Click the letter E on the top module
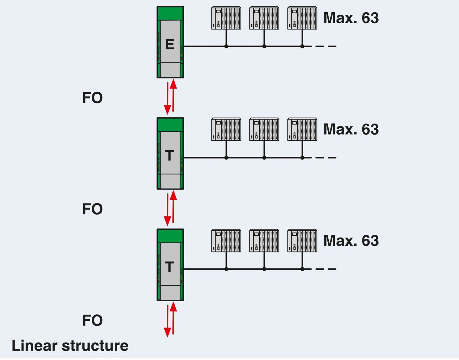click(x=170, y=45)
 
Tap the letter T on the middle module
click(x=170, y=156)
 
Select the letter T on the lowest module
click(x=170, y=267)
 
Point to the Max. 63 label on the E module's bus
click(x=351, y=18)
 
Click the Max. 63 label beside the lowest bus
click(x=351, y=241)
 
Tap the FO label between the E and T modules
click(x=92, y=98)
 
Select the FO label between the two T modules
click(x=92, y=209)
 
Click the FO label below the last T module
click(x=92, y=321)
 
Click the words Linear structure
click(x=70, y=346)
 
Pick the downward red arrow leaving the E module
click(x=167, y=98)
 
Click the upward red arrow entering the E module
click(x=174, y=96)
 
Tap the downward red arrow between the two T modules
click(x=167, y=209)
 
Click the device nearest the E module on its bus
click(x=226, y=18)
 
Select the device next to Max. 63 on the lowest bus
click(x=302, y=241)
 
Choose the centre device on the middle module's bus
click(x=264, y=129)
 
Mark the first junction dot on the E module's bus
click(x=226, y=46)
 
